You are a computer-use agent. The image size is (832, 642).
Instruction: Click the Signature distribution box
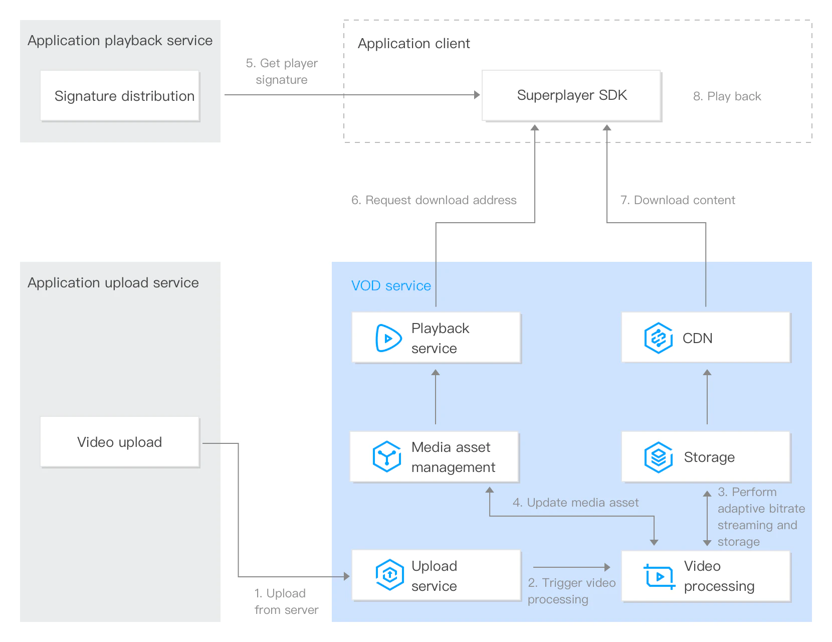coord(120,96)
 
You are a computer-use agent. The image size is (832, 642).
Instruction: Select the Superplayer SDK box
coord(571,95)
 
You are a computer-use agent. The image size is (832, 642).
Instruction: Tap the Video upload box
coord(120,442)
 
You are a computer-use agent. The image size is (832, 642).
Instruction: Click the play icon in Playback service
coord(388,338)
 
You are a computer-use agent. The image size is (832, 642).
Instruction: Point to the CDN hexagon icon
coord(658,338)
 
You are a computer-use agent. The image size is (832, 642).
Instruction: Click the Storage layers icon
coord(658,457)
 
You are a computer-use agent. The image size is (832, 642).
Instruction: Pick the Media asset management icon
coord(387,456)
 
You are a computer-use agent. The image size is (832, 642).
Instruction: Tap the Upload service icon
coord(389,575)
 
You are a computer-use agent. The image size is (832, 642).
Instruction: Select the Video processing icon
coord(659,576)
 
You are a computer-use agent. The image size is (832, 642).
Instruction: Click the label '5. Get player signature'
coord(282,71)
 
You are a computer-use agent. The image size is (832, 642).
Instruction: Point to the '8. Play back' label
coord(727,96)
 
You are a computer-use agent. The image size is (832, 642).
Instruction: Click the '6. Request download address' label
coord(434,200)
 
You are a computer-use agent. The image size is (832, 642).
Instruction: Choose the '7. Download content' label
coord(678,200)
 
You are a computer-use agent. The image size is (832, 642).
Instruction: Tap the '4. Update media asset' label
coord(575,502)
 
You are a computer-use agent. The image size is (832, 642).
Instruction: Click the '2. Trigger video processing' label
coord(572,591)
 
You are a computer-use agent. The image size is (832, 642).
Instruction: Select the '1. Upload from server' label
coord(286,601)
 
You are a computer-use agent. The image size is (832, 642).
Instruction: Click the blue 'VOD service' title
coord(391,286)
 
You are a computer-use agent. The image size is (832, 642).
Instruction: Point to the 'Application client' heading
coord(413,44)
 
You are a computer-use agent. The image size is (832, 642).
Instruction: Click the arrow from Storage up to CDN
coord(707,396)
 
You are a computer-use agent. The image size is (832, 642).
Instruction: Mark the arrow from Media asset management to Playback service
coord(436,396)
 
